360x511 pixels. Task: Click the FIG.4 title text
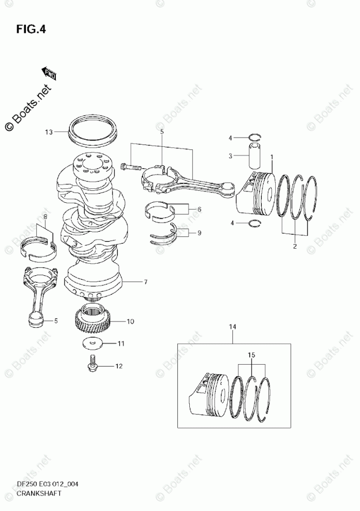(x=31, y=29)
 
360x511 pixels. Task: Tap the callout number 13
(x=49, y=132)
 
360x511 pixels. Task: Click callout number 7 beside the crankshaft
(x=146, y=282)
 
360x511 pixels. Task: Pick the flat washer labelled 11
(x=92, y=343)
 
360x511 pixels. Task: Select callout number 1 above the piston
(x=272, y=157)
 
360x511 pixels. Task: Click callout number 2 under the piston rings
(x=294, y=246)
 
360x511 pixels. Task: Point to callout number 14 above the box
(x=232, y=326)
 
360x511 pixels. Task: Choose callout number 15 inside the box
(x=251, y=356)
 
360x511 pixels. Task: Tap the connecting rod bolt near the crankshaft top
(x=129, y=167)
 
